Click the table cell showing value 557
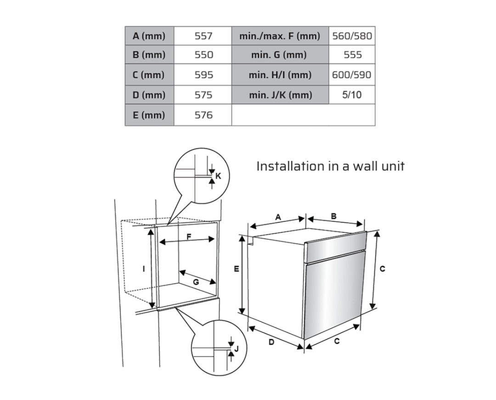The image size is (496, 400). point(203,36)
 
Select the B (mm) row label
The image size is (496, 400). point(149,55)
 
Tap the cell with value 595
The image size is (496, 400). point(203,75)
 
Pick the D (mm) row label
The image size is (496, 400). point(149,95)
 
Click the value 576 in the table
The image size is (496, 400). point(203,115)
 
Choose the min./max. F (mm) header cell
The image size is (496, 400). point(280,36)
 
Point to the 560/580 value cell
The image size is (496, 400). point(352,36)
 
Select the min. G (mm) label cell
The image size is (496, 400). point(280,55)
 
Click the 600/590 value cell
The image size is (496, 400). point(352,75)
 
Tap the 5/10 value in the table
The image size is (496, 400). point(352,95)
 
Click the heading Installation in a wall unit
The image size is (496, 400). point(330,166)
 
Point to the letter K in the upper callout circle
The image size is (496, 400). point(218,176)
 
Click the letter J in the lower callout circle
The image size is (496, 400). point(237,349)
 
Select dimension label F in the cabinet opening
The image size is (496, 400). point(189,236)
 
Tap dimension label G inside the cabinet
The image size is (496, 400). point(196,282)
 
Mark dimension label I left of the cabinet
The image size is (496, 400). point(144,269)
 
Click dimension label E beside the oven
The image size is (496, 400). point(237,269)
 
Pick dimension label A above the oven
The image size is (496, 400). point(278,217)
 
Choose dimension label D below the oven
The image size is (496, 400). point(271,342)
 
